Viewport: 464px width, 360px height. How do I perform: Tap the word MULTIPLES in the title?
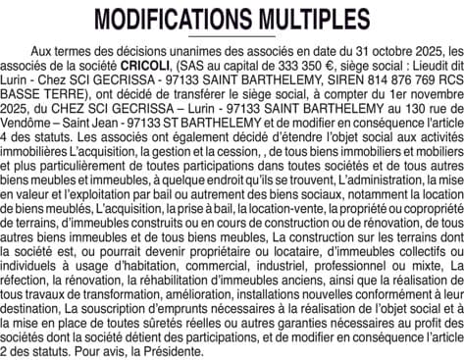[x=310, y=20]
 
